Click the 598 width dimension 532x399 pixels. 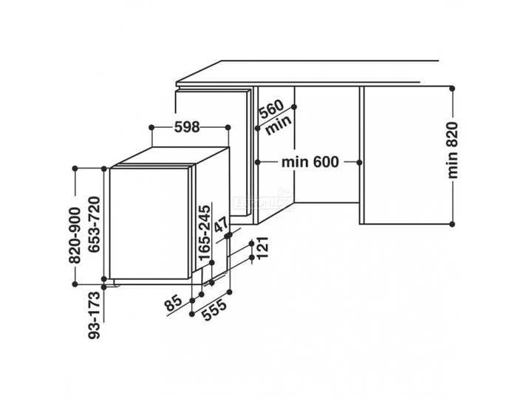[x=187, y=127]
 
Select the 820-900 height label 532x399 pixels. [x=75, y=236]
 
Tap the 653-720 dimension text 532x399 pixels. [x=94, y=225]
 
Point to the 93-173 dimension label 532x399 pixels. [x=95, y=316]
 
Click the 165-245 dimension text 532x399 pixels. [x=205, y=233]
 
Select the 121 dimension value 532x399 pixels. [x=262, y=248]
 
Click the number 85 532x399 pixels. [x=174, y=303]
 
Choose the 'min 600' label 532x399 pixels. [x=310, y=162]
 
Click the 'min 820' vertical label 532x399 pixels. [x=453, y=150]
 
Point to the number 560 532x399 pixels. [x=271, y=109]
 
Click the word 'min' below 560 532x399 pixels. [x=279, y=125]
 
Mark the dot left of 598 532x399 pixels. [x=151, y=128]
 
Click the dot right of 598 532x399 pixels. [x=228, y=128]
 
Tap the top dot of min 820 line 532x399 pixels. [x=451, y=89]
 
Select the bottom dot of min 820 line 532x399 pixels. [x=451, y=224]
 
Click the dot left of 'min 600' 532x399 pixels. [x=257, y=162]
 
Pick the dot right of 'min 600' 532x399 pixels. [x=360, y=163]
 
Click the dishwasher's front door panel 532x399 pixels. [x=149, y=224]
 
